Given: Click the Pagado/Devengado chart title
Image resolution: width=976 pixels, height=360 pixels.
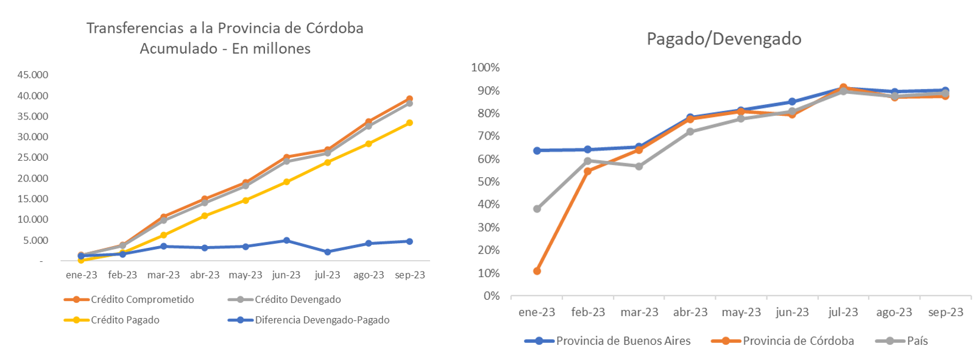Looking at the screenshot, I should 724,39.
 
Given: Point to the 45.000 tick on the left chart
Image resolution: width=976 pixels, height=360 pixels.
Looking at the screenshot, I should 33,75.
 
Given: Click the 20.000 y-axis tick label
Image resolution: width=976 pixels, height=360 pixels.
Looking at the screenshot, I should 33,178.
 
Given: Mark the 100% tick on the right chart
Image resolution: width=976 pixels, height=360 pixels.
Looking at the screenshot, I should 485,68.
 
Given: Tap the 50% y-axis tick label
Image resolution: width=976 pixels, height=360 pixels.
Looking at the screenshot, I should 487,182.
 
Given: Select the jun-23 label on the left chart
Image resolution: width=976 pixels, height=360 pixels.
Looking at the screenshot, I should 286,275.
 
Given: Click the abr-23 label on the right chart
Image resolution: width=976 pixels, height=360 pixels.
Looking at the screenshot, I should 690,312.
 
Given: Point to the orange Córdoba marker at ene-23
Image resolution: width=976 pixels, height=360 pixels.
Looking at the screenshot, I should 537,271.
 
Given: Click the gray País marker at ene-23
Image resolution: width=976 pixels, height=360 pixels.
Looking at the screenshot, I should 537,209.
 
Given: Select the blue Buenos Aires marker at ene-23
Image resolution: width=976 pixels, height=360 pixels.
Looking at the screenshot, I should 537,150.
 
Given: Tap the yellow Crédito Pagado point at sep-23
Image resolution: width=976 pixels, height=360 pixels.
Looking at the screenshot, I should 409,123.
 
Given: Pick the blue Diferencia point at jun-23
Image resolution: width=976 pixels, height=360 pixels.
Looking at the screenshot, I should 286,241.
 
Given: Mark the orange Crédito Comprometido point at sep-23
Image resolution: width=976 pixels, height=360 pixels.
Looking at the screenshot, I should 409,99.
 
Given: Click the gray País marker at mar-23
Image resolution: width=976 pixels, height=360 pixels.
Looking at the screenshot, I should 639,166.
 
